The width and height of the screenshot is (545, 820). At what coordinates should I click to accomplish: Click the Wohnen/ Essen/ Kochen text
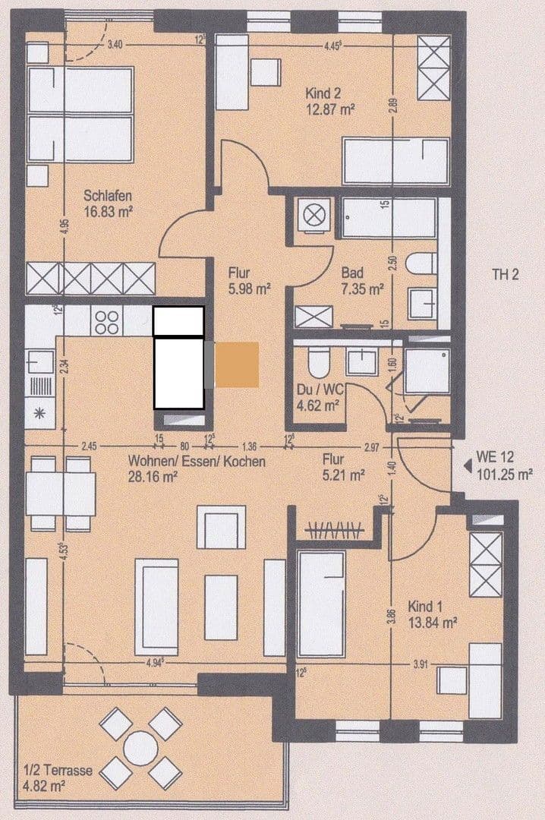coord(197,461)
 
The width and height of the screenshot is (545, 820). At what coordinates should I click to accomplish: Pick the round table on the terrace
coord(141,749)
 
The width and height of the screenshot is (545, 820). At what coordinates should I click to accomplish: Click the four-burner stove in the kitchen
coord(106,323)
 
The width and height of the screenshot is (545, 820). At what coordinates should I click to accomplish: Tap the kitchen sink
coord(39,361)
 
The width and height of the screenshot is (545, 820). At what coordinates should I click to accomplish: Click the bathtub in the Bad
coord(388,219)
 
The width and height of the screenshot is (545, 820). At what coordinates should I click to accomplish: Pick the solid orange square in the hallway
coord(237,364)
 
